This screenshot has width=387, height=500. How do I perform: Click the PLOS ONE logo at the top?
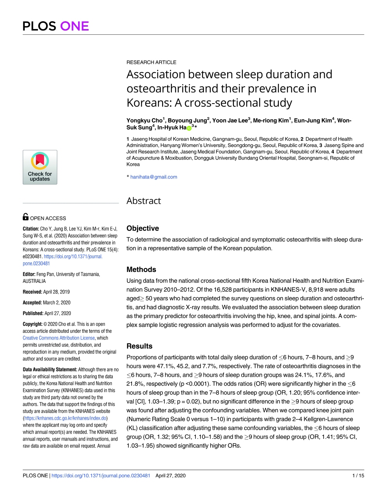[56, 26]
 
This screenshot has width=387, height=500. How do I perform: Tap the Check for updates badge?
[40, 167]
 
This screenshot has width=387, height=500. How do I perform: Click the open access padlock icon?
[26, 217]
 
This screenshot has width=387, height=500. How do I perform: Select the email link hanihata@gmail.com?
[154, 177]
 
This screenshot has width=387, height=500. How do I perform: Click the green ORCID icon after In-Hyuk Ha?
[189, 128]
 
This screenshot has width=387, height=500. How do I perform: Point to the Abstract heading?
[144, 201]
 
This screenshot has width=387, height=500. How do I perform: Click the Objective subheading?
[142, 228]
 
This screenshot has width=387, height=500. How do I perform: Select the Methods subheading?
[141, 270]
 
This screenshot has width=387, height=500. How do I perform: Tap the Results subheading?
[139, 346]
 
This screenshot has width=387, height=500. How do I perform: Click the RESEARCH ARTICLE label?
[151, 62]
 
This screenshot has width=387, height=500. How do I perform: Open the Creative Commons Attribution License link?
[59, 338]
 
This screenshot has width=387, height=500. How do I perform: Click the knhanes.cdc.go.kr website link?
[66, 418]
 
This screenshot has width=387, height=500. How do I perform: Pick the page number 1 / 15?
[358, 476]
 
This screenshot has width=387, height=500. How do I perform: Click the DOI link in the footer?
[101, 476]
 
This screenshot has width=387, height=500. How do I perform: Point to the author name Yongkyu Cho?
[144, 121]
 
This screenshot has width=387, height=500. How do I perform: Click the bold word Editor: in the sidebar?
[29, 274]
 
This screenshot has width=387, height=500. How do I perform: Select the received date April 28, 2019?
[57, 292]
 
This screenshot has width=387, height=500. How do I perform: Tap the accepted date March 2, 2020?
[57, 303]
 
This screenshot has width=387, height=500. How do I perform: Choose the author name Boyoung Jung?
[187, 121]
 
